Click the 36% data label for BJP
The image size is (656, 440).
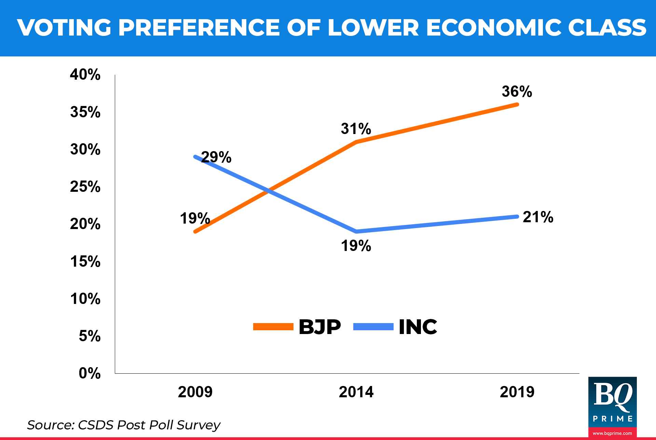pos(517,92)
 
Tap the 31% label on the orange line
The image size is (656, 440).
pos(356,129)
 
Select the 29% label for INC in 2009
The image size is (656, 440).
pos(216,157)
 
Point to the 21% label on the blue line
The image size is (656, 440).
pos(538,217)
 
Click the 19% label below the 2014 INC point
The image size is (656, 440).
pos(356,246)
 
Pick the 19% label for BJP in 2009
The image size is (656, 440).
pos(195,218)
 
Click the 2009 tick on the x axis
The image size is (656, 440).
pos(195,392)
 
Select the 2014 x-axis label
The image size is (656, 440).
pos(356,392)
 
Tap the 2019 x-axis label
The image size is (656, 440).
pos(517,392)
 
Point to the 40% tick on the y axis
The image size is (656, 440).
pos(85,75)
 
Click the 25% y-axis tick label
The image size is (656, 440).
pos(85,187)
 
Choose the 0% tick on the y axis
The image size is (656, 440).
pos(90,373)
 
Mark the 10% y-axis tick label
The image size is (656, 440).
pos(85,299)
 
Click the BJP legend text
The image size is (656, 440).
pos(319,327)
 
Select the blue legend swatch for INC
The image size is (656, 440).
pos(373,327)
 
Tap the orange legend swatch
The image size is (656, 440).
pos(273,327)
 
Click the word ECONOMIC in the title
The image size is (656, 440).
pos(493,27)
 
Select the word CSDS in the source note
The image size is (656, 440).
pos(95,425)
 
